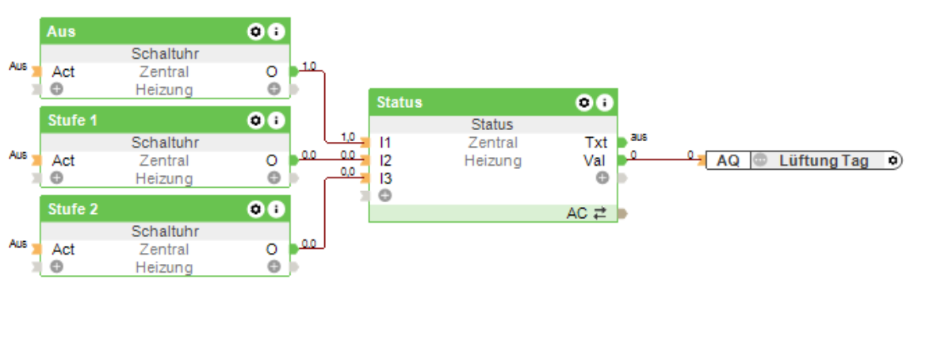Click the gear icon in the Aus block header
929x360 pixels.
[x=255, y=32]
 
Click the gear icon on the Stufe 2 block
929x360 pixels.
[x=255, y=209]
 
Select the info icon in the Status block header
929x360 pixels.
[x=605, y=102]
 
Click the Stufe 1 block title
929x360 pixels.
[x=73, y=121]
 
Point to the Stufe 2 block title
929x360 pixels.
[x=73, y=209]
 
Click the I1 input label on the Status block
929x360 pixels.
[x=386, y=143]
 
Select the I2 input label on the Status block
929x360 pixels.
[x=386, y=160]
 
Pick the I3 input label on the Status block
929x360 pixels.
[x=386, y=178]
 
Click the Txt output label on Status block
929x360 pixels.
[x=596, y=143]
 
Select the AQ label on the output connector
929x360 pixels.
[x=728, y=160]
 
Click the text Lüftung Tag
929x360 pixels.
[x=824, y=160]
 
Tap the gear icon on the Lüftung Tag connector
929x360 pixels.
[x=893, y=160]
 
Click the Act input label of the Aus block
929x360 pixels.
[x=63, y=71]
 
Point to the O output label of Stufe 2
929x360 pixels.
[x=272, y=249]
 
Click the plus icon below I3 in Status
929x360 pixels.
[x=385, y=195]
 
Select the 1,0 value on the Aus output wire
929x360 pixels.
[x=309, y=66]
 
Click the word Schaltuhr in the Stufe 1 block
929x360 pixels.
[x=165, y=143]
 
